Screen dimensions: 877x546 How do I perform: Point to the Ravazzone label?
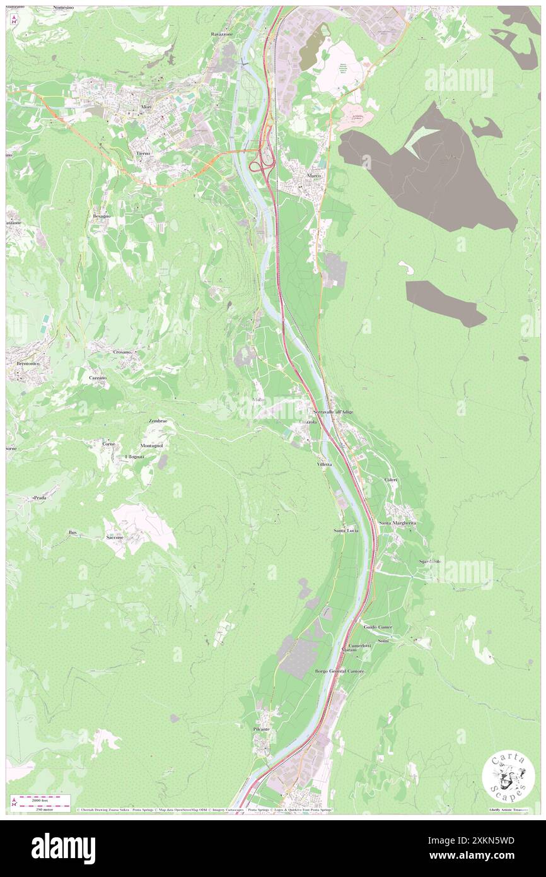tap(222, 34)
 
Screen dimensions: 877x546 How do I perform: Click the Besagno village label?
tap(102, 216)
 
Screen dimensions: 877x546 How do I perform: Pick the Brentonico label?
tap(24, 364)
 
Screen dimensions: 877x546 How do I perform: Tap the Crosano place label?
tap(122, 351)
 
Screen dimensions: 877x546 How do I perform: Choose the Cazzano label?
tap(98, 377)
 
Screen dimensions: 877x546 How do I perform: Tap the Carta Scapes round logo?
tap(508, 777)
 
